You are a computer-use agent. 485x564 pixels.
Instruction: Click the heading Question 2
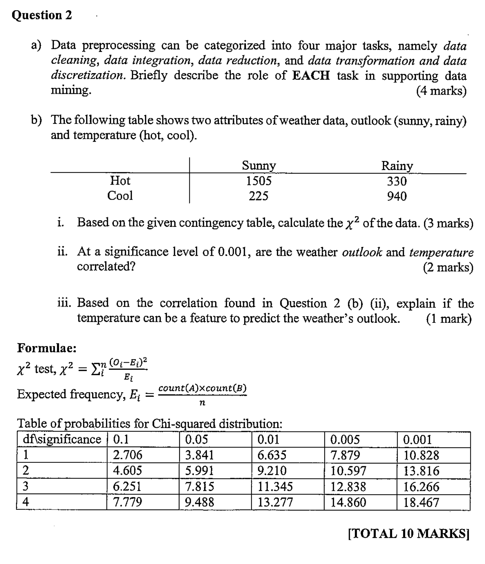(x=42, y=15)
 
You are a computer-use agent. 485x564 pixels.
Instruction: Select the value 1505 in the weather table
(x=259, y=181)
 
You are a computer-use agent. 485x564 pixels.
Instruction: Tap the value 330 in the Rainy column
(x=397, y=181)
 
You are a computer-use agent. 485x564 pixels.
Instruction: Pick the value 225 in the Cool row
(x=259, y=196)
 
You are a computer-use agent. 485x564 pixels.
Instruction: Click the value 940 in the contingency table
(x=397, y=197)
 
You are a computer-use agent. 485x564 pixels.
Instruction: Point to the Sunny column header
(x=259, y=166)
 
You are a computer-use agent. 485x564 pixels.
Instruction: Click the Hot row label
(x=120, y=181)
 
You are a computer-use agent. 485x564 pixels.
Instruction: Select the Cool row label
(x=120, y=196)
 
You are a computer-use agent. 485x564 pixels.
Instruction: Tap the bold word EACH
(x=311, y=76)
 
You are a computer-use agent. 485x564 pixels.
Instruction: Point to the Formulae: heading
(x=47, y=348)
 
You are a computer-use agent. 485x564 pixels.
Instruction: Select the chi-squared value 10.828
(x=421, y=455)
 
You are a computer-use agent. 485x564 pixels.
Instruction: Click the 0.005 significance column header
(x=345, y=440)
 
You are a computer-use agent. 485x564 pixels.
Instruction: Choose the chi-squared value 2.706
(x=128, y=455)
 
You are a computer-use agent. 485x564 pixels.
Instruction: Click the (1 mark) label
(x=449, y=319)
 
